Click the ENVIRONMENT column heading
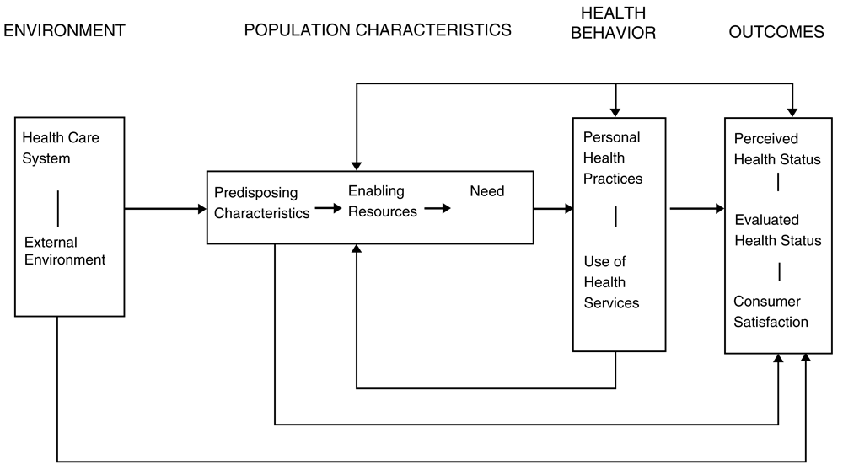click(x=65, y=30)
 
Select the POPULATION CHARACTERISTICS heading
click(x=378, y=30)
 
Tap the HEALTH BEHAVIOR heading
click(x=614, y=23)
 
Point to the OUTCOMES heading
click(x=776, y=32)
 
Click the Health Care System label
click(x=61, y=148)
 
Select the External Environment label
click(x=65, y=251)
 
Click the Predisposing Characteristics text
click(x=262, y=203)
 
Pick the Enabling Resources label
click(x=382, y=201)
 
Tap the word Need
click(x=487, y=191)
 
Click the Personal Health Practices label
click(x=613, y=158)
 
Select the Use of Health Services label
click(x=611, y=282)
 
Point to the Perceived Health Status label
click(x=777, y=149)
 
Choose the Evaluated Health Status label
click(x=778, y=230)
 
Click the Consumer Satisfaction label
click(x=771, y=312)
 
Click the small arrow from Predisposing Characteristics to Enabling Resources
click(x=329, y=208)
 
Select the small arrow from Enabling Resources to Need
click(x=438, y=208)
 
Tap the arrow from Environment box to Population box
click(x=165, y=209)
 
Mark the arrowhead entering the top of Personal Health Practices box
click(x=615, y=112)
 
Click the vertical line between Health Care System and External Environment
click(x=58, y=208)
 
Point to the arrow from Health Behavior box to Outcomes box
click(x=697, y=208)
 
